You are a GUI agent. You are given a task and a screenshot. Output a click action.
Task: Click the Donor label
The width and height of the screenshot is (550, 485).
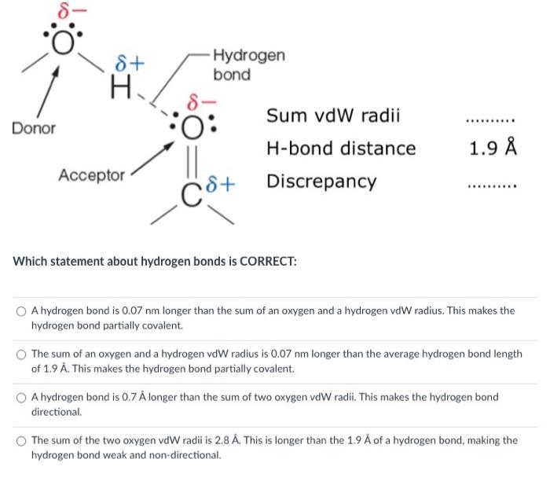(34, 128)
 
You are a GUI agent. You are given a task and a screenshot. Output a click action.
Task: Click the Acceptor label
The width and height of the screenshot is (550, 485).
(91, 175)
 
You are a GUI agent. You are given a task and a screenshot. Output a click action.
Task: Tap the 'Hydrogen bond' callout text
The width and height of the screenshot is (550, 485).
(248, 65)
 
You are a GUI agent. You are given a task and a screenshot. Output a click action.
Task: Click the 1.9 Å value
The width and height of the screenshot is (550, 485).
(492, 149)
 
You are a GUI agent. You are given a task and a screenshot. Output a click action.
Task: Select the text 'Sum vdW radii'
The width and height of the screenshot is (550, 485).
(333, 116)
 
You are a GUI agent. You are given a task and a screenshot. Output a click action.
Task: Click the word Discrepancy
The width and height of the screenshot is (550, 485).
(321, 181)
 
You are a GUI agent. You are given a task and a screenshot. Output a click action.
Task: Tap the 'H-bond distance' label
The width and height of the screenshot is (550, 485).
(341, 149)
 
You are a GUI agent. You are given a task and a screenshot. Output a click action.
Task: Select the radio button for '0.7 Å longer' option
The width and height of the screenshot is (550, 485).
(23, 398)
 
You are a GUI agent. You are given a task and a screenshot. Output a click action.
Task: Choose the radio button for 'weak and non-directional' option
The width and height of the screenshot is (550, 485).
(23, 441)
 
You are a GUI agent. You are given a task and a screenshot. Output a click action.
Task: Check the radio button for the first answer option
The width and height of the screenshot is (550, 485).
(23, 311)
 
